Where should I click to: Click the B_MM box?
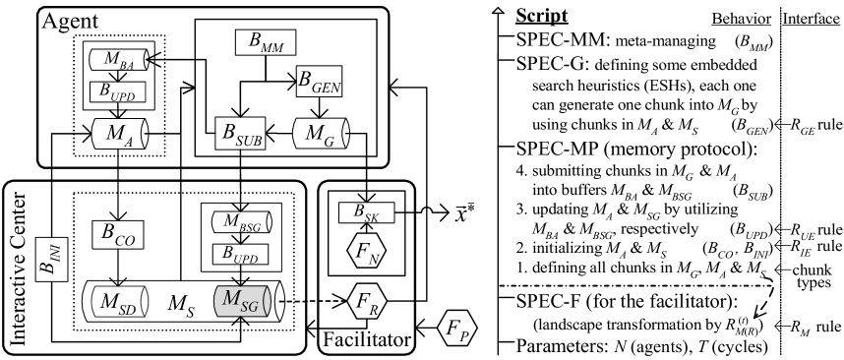pos(266,42)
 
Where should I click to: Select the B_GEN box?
pos(320,82)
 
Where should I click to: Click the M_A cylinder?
pos(119,134)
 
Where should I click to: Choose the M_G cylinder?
pos(321,134)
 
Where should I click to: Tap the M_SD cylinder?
pos(119,301)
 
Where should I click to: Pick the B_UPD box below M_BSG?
pos(241,255)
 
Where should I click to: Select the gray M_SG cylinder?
pos(241,302)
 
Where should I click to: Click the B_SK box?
pos(366,212)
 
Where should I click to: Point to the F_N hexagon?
pos(367,253)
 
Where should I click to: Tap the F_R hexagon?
pos(367,299)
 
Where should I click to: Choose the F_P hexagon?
pos(456,330)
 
